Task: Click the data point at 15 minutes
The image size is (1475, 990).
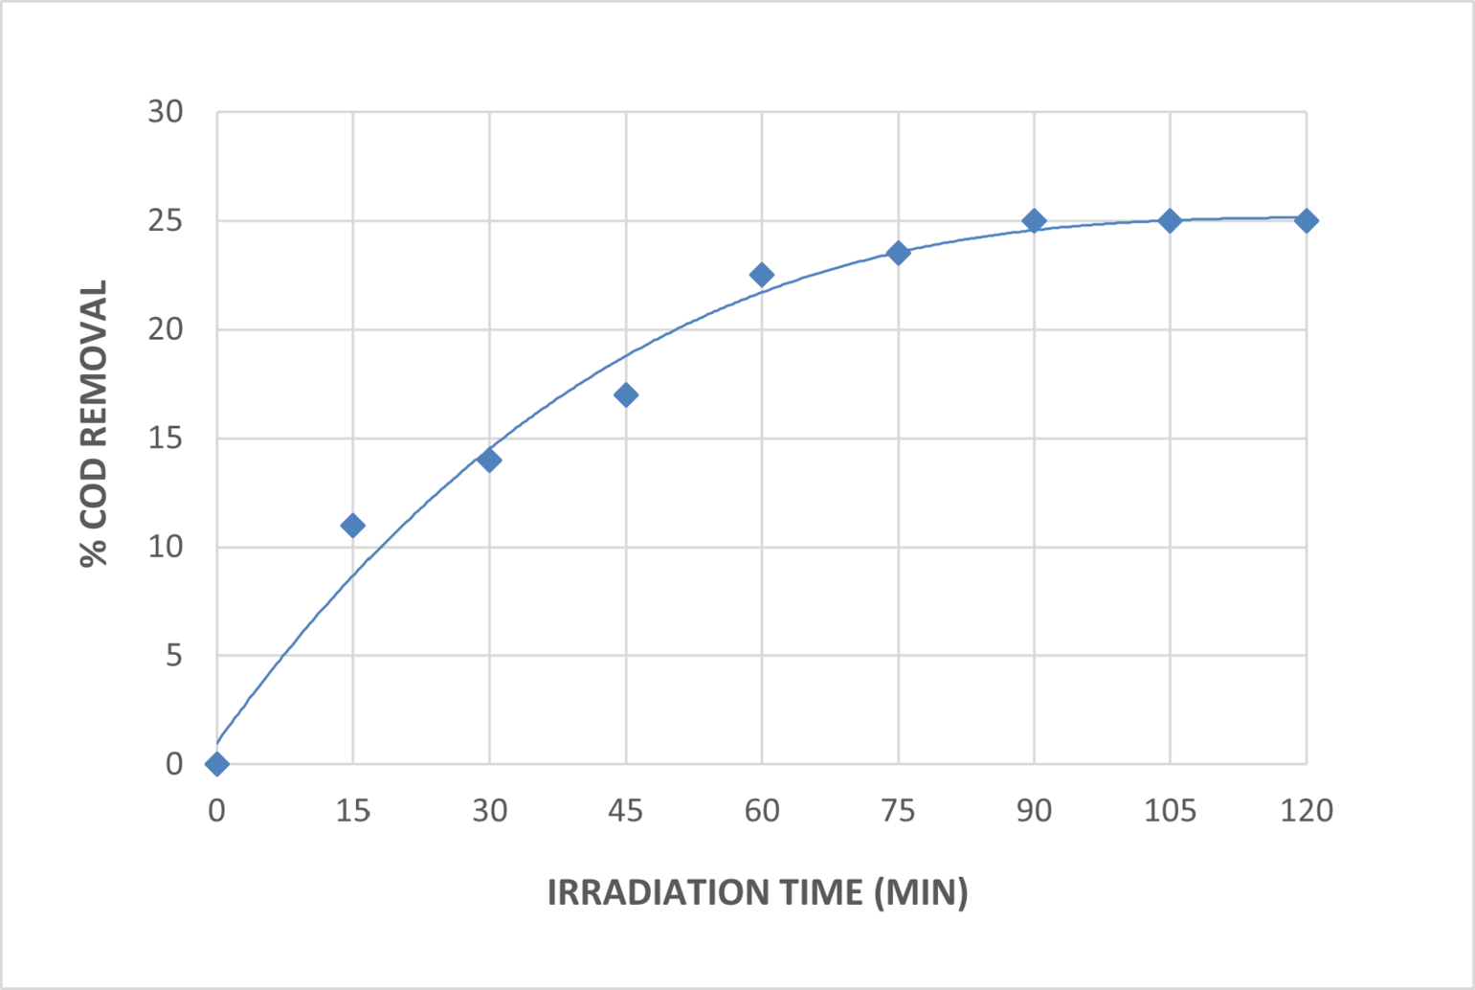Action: (352, 525)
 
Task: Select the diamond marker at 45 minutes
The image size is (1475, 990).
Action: (626, 394)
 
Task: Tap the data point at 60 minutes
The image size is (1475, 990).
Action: (762, 275)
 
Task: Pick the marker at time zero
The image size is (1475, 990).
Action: (217, 763)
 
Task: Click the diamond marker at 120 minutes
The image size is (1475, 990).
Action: (1307, 220)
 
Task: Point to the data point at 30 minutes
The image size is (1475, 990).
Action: (489, 460)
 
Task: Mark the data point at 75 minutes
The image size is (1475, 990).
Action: (898, 253)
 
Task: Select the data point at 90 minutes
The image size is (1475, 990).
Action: (1034, 220)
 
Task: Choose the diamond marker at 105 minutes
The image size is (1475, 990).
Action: (1170, 220)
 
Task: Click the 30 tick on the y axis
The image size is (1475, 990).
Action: (165, 112)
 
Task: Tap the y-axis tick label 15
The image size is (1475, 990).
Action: (165, 439)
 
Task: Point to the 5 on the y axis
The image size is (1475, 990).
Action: (173, 656)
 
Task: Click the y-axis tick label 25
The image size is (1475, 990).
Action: (165, 221)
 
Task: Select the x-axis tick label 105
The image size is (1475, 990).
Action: (1170, 811)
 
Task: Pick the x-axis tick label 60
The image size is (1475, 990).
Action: (762, 811)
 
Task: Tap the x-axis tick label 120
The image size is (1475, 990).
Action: (1307, 811)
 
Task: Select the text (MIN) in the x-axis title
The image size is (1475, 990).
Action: (920, 892)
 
